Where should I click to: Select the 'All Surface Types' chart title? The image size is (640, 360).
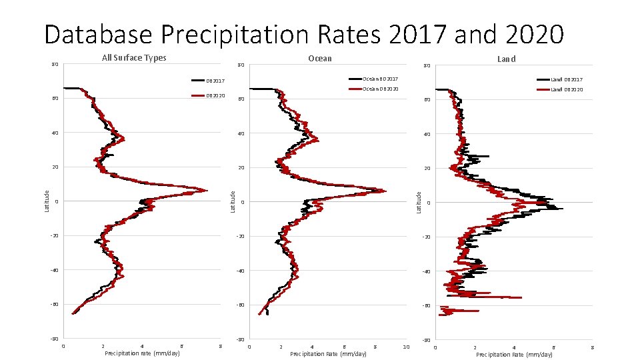134,58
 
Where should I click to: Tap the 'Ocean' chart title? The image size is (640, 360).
320,59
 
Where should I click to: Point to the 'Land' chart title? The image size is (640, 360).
507,59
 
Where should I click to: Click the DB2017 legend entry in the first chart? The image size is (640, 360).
215,81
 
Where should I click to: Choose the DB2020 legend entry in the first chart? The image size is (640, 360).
215,96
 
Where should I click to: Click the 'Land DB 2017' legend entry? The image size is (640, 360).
566,80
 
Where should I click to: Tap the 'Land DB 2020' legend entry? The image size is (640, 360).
566,89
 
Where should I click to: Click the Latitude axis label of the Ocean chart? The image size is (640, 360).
232,202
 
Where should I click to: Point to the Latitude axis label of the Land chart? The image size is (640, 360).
419,202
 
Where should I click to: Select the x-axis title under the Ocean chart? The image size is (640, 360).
328,354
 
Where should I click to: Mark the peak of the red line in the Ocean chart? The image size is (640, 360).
385,191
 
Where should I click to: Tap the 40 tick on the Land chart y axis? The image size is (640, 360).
427,134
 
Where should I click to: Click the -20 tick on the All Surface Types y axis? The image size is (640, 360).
54,236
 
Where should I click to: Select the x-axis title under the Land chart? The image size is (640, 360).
514,355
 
